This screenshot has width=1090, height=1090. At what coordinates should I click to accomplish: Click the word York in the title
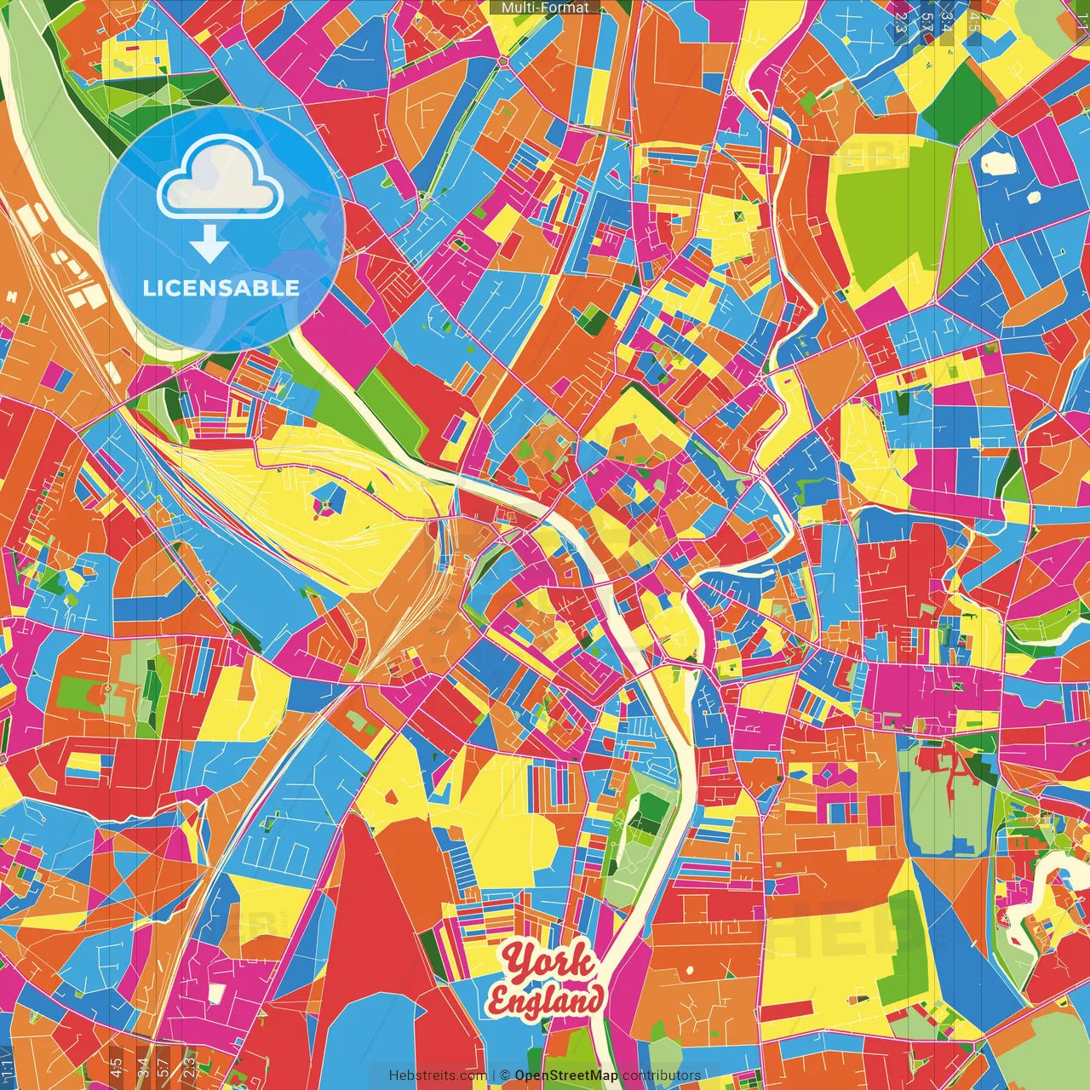coord(548,962)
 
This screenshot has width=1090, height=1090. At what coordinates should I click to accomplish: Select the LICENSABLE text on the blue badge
coord(221,288)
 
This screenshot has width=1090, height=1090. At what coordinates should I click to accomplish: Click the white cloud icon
coord(221,178)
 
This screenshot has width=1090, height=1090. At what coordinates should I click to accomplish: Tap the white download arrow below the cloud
coord(209,244)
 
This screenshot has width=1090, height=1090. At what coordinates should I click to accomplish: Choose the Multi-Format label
coord(545,8)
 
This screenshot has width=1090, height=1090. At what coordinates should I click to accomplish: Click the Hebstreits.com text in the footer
coord(438,1076)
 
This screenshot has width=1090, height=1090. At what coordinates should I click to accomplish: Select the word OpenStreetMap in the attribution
coord(566,1076)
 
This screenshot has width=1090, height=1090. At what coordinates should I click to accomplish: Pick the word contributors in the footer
coord(662,1076)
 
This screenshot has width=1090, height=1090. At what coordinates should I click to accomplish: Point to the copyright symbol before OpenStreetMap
coord(505,1076)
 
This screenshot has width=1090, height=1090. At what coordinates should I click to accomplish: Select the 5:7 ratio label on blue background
coord(926,21)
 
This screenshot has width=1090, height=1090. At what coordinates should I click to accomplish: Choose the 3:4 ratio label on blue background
coord(945,21)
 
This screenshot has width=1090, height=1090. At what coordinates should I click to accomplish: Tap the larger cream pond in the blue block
coord(994,163)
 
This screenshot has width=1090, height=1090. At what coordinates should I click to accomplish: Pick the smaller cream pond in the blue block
coord(1034,197)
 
